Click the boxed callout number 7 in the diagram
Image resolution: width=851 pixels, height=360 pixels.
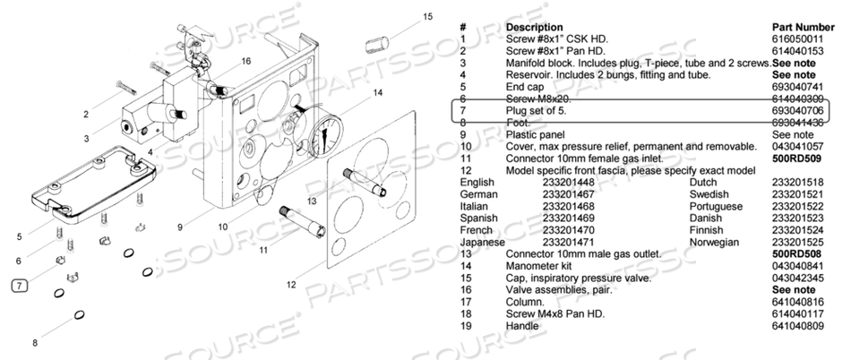tap(20, 287)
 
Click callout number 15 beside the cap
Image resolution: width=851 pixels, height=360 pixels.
tap(427, 16)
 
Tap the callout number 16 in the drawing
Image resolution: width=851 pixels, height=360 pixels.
tap(245, 62)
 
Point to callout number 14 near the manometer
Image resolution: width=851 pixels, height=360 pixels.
tap(377, 92)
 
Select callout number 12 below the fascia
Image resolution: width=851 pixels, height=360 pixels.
tap(291, 284)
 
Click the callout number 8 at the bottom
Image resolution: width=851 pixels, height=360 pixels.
tap(35, 343)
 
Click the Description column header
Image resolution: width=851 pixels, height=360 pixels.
tap(535, 28)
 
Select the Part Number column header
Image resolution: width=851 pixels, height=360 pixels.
tap(803, 28)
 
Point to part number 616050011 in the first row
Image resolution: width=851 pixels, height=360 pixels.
tap(796, 40)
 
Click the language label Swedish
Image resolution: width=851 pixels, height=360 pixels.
tap(708, 193)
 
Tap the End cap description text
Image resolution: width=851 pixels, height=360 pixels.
tap(526, 87)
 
